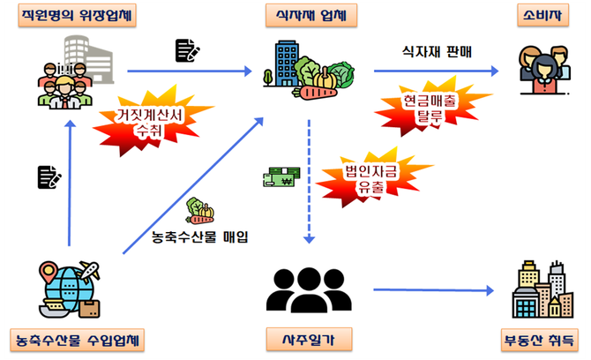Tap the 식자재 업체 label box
click(310, 15)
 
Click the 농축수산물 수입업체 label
click(73, 339)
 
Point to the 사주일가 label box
click(309, 339)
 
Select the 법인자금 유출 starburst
click(364, 177)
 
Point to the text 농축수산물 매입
click(201, 236)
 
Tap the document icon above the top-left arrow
click(186, 50)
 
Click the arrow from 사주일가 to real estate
click(432, 289)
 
